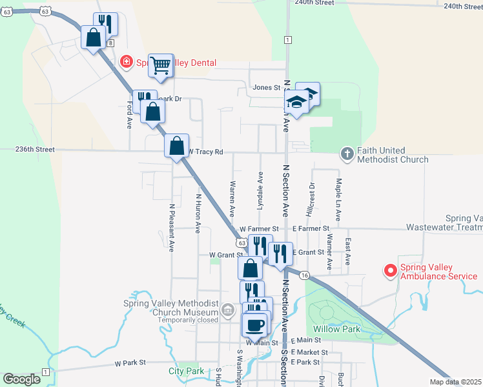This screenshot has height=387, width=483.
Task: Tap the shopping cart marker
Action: point(160,65)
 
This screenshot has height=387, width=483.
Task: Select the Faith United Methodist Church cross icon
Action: point(347,154)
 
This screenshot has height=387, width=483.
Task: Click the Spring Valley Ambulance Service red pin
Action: point(389,271)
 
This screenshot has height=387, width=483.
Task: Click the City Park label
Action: point(186,371)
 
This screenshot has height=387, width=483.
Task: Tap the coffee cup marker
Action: point(254,325)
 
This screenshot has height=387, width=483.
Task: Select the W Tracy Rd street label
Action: point(205,152)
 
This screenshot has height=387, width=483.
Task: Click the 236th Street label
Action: point(36,149)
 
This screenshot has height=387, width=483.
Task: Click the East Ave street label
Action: point(347,250)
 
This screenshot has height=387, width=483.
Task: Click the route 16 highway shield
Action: point(305,275)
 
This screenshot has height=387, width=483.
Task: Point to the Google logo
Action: point(21,379)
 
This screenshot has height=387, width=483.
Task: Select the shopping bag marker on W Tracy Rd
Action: point(176,146)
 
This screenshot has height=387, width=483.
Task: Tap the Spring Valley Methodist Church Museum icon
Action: point(227,311)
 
